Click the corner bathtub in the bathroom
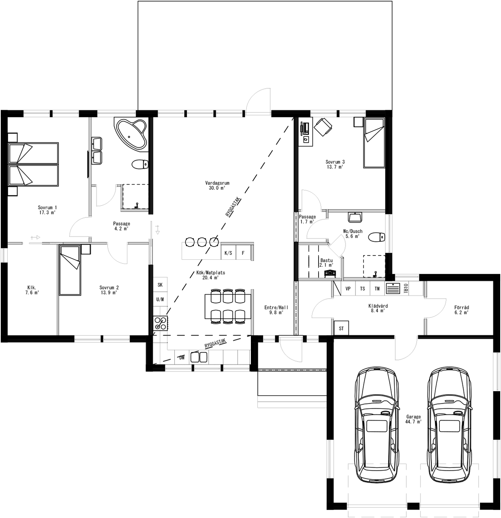coord(132,133)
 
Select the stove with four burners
coord(161,323)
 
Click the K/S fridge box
coord(228,253)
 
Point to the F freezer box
coord(243,253)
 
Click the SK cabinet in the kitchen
coord(160,285)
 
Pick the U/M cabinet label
coord(160,299)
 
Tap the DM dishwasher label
coord(182,358)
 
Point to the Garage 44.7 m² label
coord(413,419)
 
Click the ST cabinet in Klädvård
coord(341,329)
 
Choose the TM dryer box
coord(377,289)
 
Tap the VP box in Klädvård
coord(348,289)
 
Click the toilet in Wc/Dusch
coord(376,237)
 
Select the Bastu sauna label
coord(326,262)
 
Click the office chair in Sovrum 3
coord(322,127)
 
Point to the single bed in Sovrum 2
coord(69,270)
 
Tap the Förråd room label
coord(461,310)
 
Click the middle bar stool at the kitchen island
coord(202,242)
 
